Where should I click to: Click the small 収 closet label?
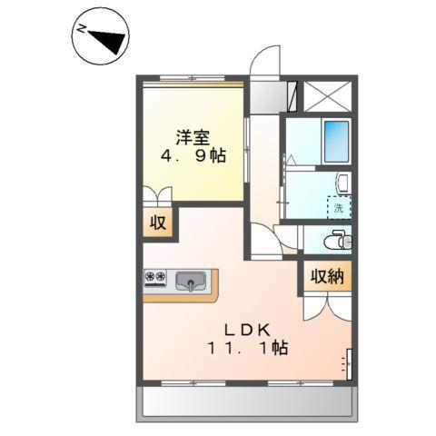click(159, 223)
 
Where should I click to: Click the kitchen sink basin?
click(192, 281)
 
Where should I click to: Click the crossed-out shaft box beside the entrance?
click(327, 95)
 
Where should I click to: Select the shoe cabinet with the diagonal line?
click(292, 95)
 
